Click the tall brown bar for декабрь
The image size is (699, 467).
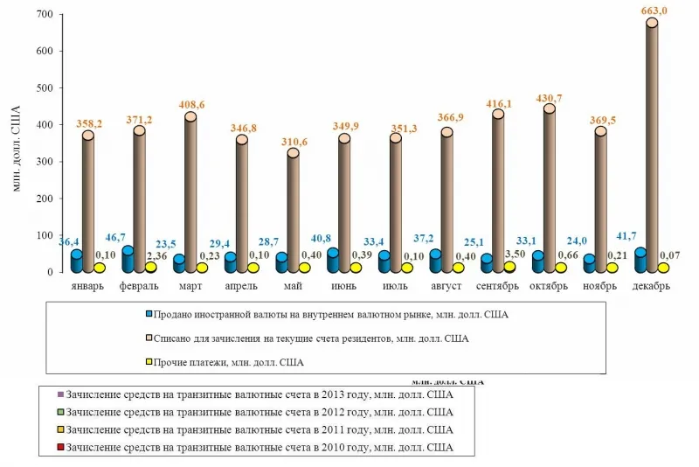click(x=651, y=149)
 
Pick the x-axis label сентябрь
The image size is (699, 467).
click(x=498, y=286)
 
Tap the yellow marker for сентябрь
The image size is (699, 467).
click(x=509, y=267)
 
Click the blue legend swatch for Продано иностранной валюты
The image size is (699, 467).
click(x=149, y=313)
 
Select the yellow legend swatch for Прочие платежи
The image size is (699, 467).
click(x=149, y=361)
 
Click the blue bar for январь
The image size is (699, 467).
click(x=76, y=261)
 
